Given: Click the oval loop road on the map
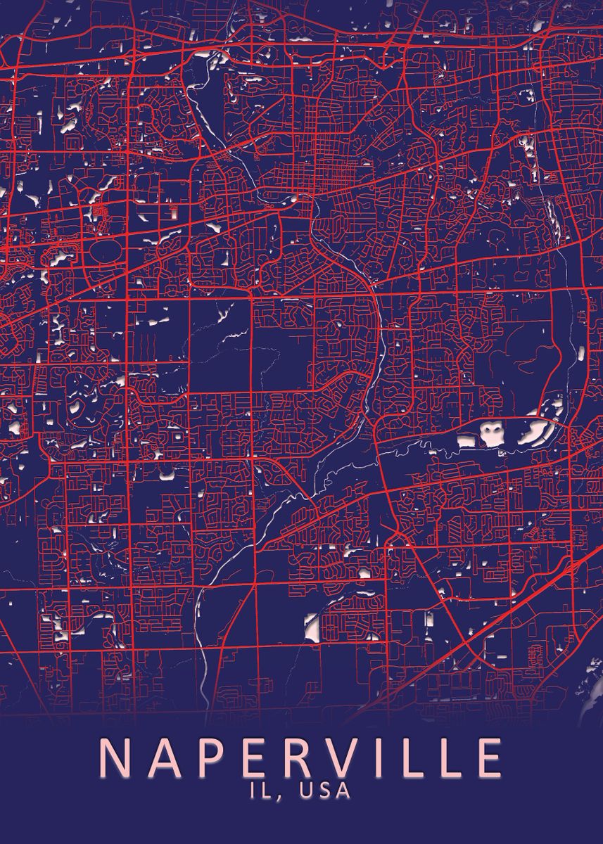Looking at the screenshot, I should (106, 249).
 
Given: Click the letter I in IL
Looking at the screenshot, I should (254, 791).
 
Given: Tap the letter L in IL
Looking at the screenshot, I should (267, 791).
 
